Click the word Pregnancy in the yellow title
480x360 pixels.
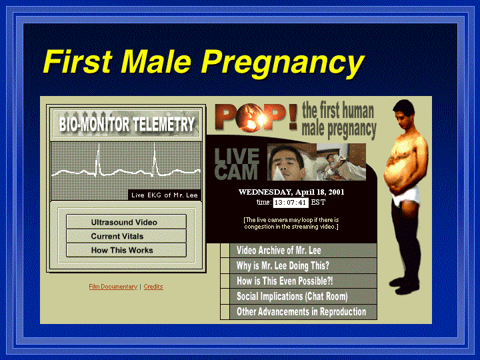click(x=282, y=63)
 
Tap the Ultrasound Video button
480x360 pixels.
click(x=126, y=222)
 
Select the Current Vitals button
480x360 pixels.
click(x=126, y=236)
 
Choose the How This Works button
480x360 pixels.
click(x=126, y=250)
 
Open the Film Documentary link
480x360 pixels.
click(x=113, y=287)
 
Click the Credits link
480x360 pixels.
click(x=153, y=287)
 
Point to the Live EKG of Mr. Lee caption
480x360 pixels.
click(x=165, y=195)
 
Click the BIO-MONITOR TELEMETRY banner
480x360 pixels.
click(x=127, y=124)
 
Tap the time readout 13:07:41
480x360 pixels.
click(x=291, y=203)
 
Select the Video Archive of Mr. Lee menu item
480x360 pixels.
click(x=299, y=251)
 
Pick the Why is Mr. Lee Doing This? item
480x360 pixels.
click(x=299, y=265)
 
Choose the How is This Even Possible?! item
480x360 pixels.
click(x=299, y=281)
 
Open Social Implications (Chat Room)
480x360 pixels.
click(x=299, y=296)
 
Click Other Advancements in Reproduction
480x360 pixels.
click(x=299, y=311)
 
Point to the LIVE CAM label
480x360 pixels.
click(x=237, y=164)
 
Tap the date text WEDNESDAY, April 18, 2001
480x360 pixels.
click(x=291, y=192)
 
